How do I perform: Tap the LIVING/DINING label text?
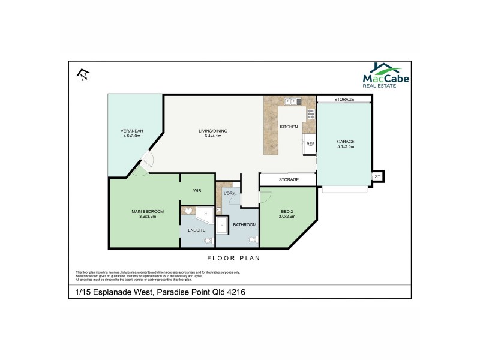[x=213, y=131]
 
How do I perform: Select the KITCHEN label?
[x=289, y=127]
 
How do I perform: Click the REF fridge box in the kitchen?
[x=310, y=144]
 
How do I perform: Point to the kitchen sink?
[x=292, y=101]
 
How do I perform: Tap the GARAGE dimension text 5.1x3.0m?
[x=345, y=146]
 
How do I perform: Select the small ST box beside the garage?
[x=377, y=176]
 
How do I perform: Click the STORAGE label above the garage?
[x=344, y=100]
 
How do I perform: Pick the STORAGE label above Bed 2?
[x=288, y=179]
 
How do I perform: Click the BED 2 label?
[x=288, y=211]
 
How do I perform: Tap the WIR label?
[x=197, y=190]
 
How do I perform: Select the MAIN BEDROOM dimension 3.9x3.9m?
[x=144, y=217]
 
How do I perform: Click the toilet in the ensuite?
[x=208, y=241]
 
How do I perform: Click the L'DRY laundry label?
[x=229, y=193]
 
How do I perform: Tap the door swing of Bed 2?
[x=265, y=196]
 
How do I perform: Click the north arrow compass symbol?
[x=83, y=74]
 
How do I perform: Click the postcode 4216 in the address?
[x=235, y=292]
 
